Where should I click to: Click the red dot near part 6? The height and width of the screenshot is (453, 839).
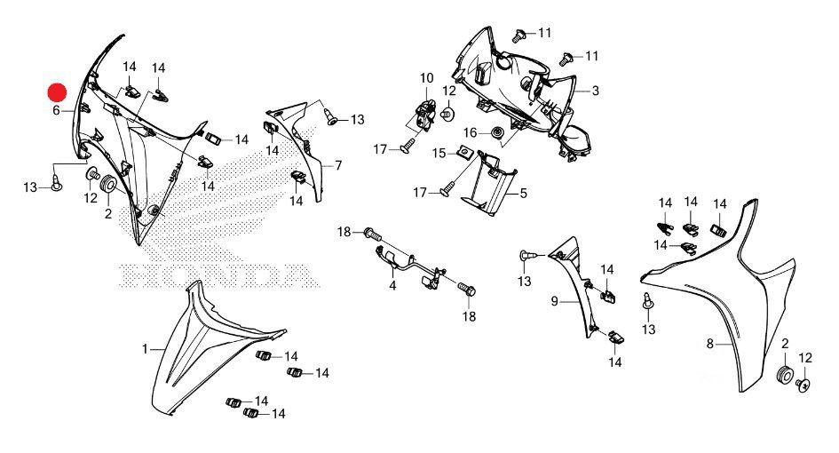click(x=57, y=91)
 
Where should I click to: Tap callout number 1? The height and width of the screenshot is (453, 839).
click(x=145, y=350)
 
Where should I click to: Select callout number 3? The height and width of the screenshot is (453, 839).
click(x=596, y=91)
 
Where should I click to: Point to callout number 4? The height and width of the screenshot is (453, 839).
click(x=392, y=287)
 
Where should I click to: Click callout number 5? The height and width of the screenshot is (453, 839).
click(x=524, y=193)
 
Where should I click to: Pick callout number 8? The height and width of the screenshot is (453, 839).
click(x=709, y=344)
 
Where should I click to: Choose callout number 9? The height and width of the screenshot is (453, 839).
click(x=554, y=302)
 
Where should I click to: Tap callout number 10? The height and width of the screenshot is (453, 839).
click(x=426, y=77)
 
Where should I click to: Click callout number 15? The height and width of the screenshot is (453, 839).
click(x=439, y=154)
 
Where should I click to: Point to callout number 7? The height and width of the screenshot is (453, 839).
click(x=337, y=166)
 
